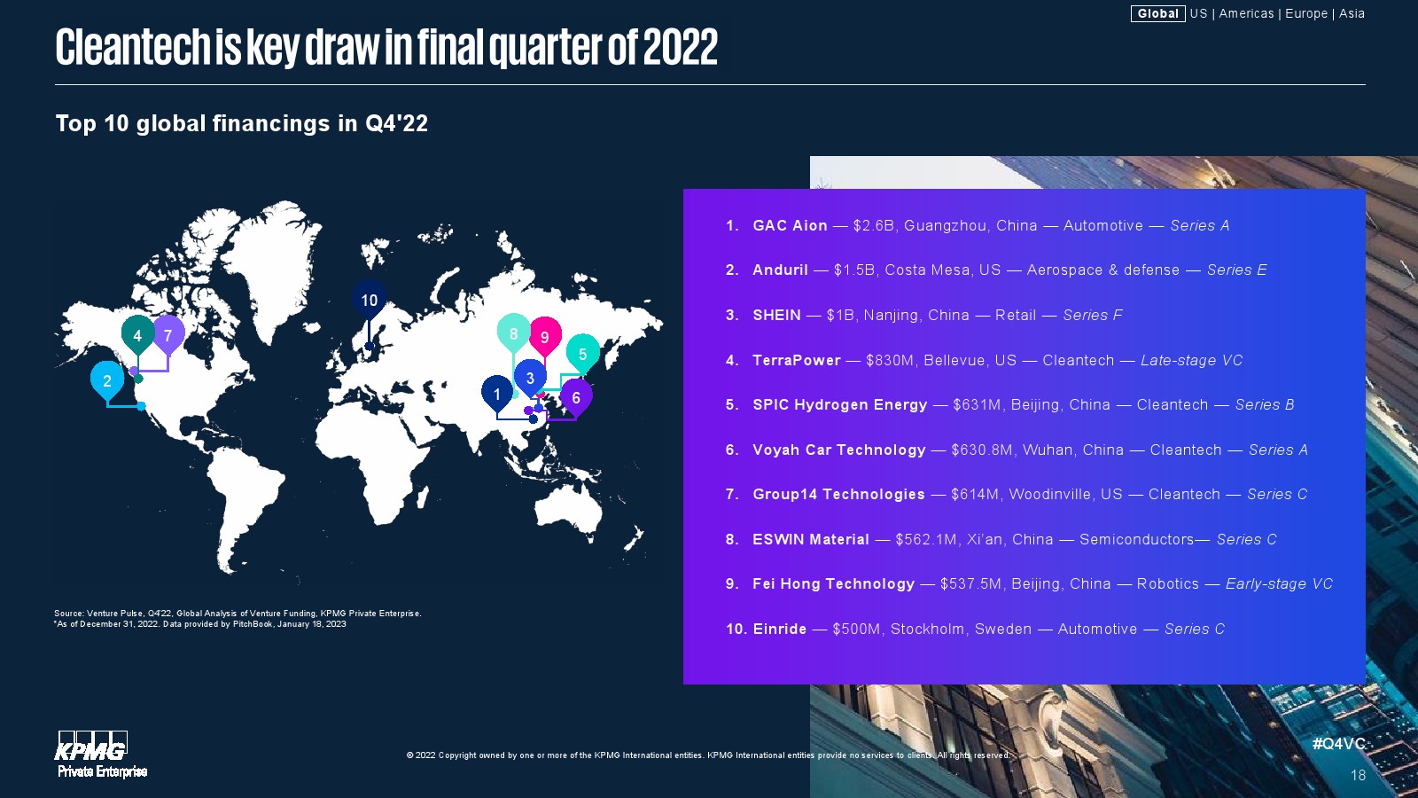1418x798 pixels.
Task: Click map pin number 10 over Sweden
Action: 369,300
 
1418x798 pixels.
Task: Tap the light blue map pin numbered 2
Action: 107,380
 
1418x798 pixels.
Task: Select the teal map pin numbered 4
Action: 137,335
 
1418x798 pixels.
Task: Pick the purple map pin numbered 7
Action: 168,334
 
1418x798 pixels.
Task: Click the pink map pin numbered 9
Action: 544,336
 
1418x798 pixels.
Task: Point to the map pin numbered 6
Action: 576,398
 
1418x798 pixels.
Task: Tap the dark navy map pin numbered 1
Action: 497,394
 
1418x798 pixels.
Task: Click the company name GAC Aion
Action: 790,225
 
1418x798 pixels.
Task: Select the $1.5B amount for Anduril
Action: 854,270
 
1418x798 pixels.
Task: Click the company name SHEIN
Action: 776,315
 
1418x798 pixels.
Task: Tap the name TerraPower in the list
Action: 797,360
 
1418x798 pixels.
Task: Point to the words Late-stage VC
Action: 1191,360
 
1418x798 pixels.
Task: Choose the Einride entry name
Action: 779,629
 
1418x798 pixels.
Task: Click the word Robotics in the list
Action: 1167,583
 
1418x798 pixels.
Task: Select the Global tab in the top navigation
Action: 1157,13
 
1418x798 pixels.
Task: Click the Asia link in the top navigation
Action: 1352,13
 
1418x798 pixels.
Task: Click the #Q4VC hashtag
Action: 1338,744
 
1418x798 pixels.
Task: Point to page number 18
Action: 1358,775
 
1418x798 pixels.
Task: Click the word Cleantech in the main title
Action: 133,47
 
